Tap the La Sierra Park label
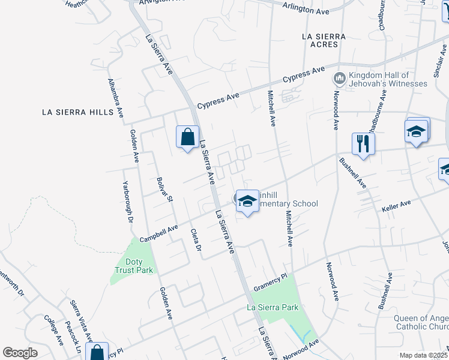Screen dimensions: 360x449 click(273, 307)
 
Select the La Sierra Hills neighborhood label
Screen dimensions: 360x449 click(77, 112)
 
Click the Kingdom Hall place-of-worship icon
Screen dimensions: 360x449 click(339, 79)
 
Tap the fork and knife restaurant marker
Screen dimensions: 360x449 click(363, 143)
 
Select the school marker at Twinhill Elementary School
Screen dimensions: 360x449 click(247, 202)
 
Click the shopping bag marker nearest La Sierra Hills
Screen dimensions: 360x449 click(188, 136)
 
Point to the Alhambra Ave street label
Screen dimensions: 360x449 click(116, 98)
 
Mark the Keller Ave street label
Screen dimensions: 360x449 click(396, 207)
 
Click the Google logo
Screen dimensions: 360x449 click(20, 353)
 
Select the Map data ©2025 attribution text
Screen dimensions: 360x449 click(423, 355)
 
